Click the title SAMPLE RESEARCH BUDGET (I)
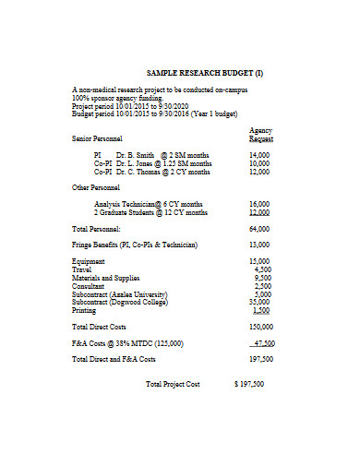[x=206, y=72]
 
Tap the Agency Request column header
[x=261, y=135]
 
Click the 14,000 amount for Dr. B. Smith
[x=259, y=155]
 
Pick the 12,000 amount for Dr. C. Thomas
[x=259, y=172]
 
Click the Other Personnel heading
[x=99, y=187]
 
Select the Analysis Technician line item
[x=148, y=203]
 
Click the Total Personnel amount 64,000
[x=259, y=228]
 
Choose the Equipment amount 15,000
[x=259, y=261]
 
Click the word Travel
[x=83, y=269]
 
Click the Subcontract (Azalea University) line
[x=122, y=293]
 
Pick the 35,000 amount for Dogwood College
[x=259, y=302]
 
